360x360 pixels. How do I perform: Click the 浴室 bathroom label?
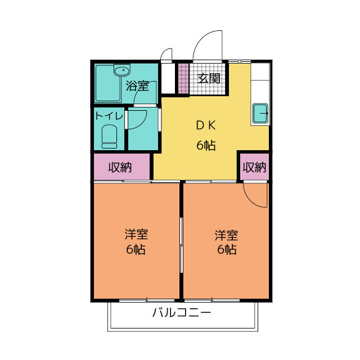137,86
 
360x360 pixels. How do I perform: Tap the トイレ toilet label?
109,116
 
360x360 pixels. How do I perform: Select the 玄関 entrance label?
209,78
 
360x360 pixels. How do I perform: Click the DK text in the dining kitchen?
206,126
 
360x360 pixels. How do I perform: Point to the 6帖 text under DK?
206,145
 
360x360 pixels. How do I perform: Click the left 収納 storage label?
121,167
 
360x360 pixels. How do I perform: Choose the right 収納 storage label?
254,167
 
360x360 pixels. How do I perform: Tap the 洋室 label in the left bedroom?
136,233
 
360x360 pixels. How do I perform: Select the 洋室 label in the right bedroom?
226,233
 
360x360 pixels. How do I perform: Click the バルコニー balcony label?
182,313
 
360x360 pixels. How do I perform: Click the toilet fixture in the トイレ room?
109,136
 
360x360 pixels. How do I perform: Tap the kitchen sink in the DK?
260,113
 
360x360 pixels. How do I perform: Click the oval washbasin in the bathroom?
121,71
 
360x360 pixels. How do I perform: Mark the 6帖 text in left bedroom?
136,249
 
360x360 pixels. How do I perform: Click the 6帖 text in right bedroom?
226,249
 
